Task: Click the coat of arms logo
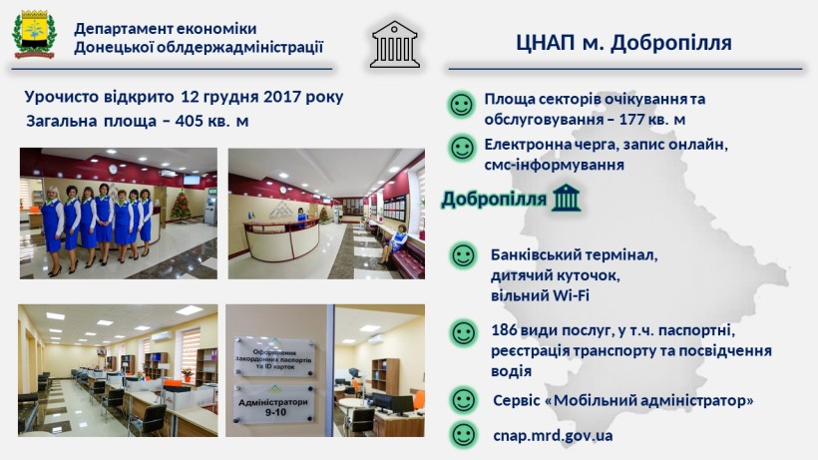[x=35, y=34]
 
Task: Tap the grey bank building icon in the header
[x=395, y=44]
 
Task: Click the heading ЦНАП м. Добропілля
[x=623, y=43]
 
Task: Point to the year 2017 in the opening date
[x=282, y=97]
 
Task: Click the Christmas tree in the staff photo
[x=181, y=205]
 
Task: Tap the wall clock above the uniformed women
[x=113, y=169]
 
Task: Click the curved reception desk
[x=281, y=238]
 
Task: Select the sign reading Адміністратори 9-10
[x=273, y=405]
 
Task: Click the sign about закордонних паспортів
[x=274, y=357]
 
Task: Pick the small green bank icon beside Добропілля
[x=566, y=198]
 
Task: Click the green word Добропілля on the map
[x=494, y=200]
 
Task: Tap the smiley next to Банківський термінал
[x=463, y=255]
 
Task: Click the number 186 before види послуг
[x=505, y=330]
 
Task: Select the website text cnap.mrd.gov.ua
[x=553, y=435]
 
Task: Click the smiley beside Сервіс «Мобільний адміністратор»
[x=463, y=400]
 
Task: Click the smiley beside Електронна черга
[x=462, y=148]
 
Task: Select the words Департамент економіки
[x=166, y=29]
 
